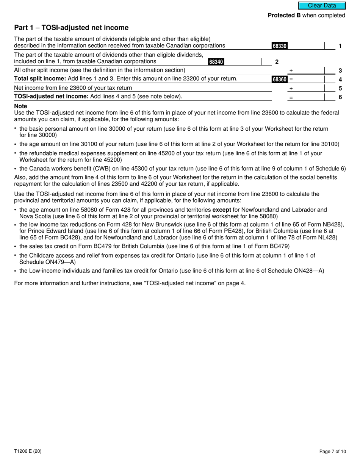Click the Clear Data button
pos(322,6)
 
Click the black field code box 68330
pos(279,46)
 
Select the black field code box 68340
pos(216,62)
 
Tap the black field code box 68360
pos(279,80)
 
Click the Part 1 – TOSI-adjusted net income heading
pos(71,28)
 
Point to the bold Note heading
pos(20,106)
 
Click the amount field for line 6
pos(309,97)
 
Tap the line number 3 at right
pos(340,71)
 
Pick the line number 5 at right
pos(340,88)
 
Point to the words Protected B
pos(281,16)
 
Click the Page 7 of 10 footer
pos(332,451)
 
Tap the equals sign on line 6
pos(291,97)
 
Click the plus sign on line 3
pos(291,71)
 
